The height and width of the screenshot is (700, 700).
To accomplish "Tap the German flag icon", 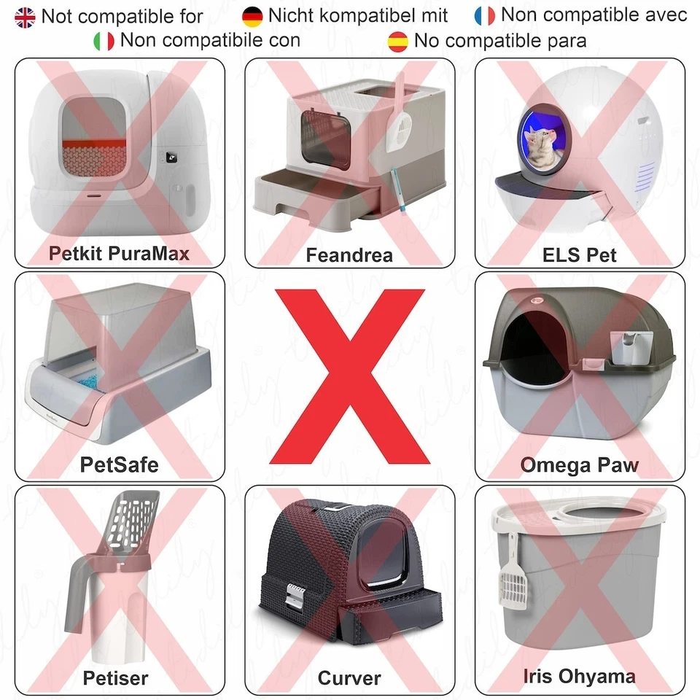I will [x=252, y=15].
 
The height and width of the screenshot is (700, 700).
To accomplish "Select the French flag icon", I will [x=485, y=15].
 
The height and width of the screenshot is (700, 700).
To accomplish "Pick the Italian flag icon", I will [x=104, y=41].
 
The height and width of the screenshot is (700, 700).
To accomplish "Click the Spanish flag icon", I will [x=398, y=41].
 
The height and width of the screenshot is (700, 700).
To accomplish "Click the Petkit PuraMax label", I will [x=119, y=253].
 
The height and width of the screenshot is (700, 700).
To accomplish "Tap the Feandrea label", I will [x=349, y=255].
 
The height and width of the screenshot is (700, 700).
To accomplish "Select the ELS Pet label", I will [x=580, y=254].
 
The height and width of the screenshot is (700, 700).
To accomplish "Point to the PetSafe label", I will [x=119, y=464].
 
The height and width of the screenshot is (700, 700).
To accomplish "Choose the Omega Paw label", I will [x=580, y=464].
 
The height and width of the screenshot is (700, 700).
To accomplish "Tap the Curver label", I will [x=349, y=677].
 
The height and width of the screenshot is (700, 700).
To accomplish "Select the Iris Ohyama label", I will [x=580, y=676].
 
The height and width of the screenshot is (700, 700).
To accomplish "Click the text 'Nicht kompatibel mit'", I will [x=358, y=15].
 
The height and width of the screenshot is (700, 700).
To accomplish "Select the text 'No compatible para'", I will [x=500, y=41].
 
